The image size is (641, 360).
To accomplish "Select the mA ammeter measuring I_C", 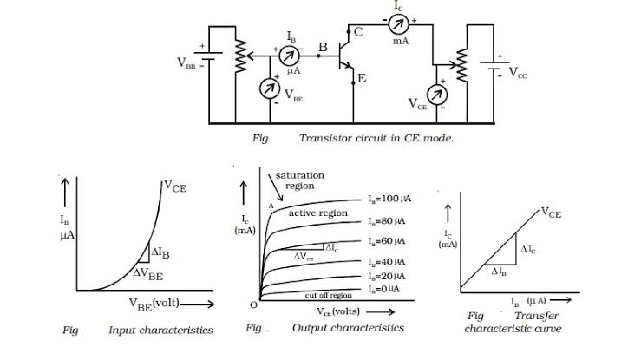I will pos(400,22).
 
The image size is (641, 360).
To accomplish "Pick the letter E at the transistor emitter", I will pos(362,79).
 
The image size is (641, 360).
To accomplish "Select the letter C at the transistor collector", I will pos(358,32).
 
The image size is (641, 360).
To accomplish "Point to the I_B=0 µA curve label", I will pos(381,289).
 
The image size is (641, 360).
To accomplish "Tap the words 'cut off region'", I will pos(329,295).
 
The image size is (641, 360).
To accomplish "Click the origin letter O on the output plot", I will pos(252,304).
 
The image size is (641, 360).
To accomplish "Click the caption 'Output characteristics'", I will pos(349,328).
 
